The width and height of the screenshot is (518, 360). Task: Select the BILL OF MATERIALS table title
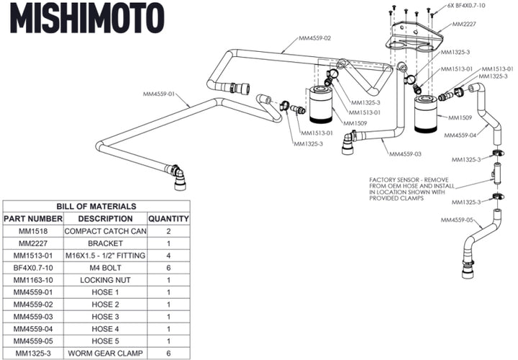coord(96,206)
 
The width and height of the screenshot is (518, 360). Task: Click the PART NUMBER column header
coord(32,218)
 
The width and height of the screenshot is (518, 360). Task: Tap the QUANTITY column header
coord(168,218)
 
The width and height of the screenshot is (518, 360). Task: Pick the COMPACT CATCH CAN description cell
coord(105,231)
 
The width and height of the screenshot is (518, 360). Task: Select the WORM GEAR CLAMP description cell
coord(105,354)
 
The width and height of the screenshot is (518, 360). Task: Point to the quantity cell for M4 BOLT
coord(168,268)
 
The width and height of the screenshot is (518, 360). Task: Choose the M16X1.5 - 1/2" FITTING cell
coord(105,256)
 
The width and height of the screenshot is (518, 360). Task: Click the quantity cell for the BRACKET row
coord(168,243)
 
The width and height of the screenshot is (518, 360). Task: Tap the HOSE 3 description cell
coord(105,317)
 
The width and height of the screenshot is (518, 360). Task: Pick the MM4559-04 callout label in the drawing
coord(461,135)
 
